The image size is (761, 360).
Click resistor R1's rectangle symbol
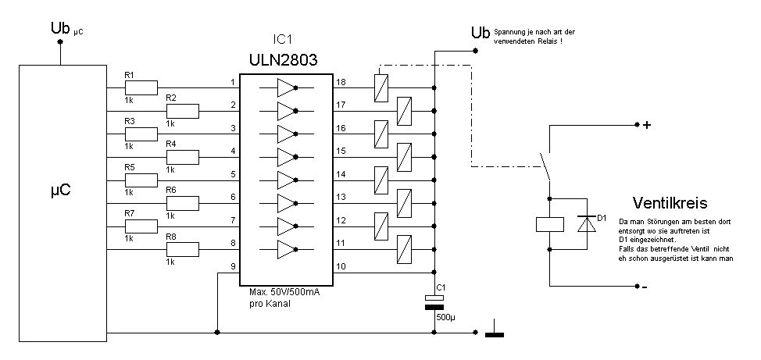141,87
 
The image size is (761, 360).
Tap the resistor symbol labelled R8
183,249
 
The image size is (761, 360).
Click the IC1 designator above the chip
284,40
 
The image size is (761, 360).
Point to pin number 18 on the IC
341,82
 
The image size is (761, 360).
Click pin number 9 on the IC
233,266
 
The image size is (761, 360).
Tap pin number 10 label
341,266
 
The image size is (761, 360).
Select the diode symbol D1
587,224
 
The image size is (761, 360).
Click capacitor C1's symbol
434,301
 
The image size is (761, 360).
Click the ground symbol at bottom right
495,329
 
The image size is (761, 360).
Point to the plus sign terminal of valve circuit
646,125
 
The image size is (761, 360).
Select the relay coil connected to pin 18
381,87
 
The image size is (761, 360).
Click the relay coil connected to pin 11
404,249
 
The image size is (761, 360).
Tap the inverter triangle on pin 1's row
286,87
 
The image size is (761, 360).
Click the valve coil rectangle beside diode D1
549,224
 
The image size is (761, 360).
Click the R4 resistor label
171,144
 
